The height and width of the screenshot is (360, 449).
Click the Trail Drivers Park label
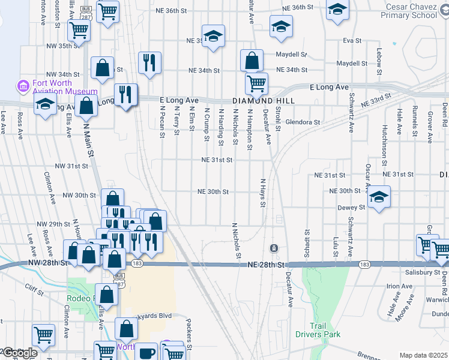coord(318,329)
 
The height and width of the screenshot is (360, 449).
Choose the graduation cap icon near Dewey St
coord(378,197)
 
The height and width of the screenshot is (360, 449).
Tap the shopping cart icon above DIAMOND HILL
coord(256,83)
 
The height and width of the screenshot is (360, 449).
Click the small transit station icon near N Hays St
coord(274,248)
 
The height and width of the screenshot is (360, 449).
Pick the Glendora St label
coord(303,122)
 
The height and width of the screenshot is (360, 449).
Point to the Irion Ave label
coord(399,286)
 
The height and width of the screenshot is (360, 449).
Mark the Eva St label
coord(352,41)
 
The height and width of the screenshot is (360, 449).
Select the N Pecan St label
coord(162,122)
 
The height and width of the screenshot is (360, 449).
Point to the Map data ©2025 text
coord(423,355)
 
